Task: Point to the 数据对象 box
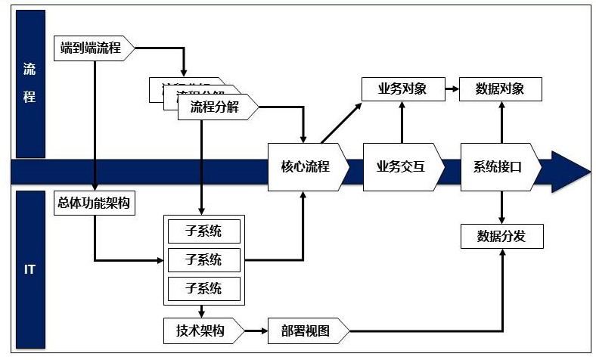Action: coord(500,89)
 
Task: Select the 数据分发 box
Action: coord(500,236)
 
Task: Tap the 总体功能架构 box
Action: coord(94,203)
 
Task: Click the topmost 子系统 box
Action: coord(203,231)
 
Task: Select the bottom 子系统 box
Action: coord(203,288)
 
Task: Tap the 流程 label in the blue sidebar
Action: coord(29,83)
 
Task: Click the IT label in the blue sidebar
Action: coord(29,269)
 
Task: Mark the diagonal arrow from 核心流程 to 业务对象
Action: coord(342,123)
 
